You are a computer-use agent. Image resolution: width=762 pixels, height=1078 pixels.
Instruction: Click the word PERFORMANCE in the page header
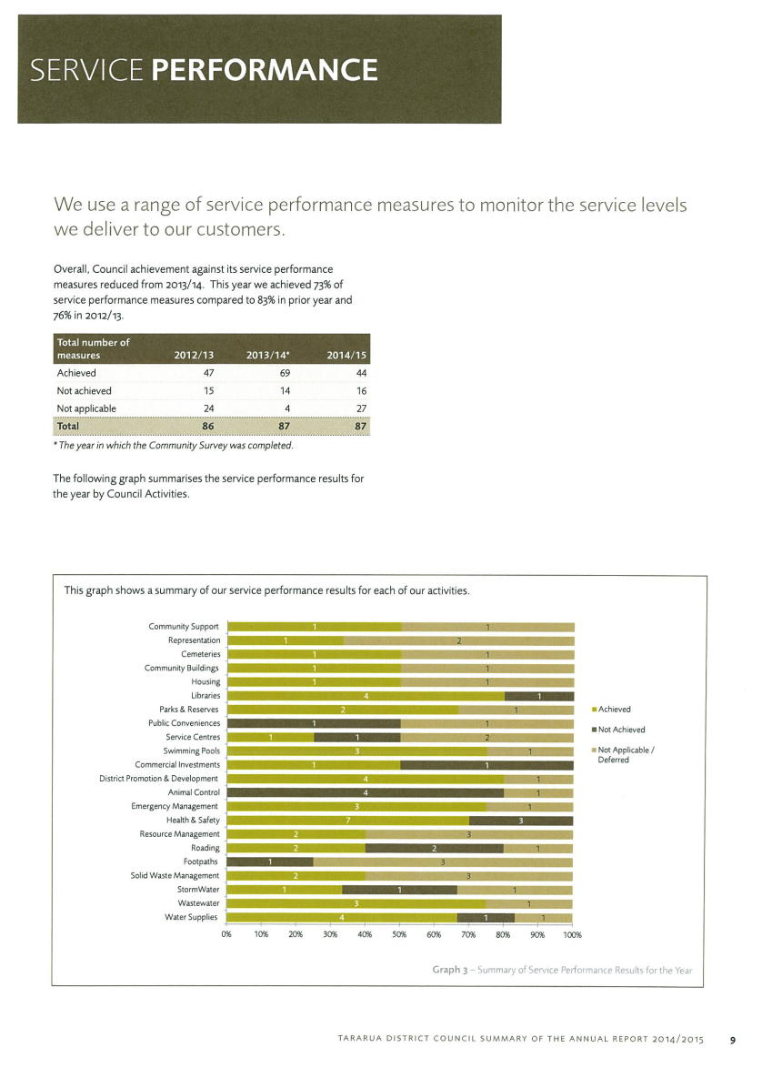click(x=265, y=70)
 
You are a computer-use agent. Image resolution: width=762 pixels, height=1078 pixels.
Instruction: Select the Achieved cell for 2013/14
click(x=285, y=373)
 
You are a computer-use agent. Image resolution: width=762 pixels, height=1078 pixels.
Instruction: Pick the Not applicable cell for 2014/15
click(x=361, y=408)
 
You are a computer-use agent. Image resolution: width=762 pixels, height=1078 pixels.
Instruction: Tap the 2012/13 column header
click(x=194, y=356)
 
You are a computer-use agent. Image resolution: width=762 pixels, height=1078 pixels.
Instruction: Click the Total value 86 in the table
click(x=207, y=427)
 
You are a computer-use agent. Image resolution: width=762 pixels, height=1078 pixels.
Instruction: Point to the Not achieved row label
click(x=84, y=390)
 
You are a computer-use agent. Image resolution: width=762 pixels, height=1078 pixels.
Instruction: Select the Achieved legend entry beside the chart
click(x=612, y=709)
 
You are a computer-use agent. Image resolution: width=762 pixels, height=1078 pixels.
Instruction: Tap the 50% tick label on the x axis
click(x=399, y=935)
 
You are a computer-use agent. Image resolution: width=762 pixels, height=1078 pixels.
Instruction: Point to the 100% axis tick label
click(x=572, y=935)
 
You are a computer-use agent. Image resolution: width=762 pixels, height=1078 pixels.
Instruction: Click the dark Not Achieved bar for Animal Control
click(x=365, y=792)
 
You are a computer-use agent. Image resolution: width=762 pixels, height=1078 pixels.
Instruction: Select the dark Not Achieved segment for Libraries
click(x=539, y=696)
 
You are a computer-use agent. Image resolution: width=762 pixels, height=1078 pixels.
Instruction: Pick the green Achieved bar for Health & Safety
click(x=347, y=821)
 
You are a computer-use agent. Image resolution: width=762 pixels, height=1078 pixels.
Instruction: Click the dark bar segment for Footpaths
click(x=270, y=862)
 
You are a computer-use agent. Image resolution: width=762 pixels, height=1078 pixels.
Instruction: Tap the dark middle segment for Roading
click(x=435, y=849)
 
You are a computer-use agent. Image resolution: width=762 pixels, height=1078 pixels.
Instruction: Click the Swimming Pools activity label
click(x=192, y=751)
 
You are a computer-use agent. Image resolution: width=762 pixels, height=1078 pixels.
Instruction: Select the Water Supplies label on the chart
click(x=191, y=917)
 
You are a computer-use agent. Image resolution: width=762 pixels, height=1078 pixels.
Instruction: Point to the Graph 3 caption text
click(x=562, y=970)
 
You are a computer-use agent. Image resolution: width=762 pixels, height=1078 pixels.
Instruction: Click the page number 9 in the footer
click(x=733, y=1040)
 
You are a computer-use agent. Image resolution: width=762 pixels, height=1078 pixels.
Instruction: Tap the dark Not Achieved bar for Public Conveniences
click(x=314, y=723)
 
